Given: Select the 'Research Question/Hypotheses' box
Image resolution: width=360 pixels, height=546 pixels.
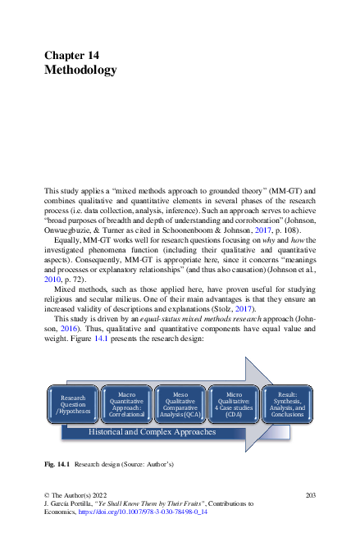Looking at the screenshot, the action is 73,404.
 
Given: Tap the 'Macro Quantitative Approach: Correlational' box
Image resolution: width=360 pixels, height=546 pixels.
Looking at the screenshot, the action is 126,404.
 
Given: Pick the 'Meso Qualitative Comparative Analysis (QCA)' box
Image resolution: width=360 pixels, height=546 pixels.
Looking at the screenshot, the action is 180,404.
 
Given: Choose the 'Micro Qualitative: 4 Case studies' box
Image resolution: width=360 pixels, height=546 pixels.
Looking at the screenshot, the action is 234,404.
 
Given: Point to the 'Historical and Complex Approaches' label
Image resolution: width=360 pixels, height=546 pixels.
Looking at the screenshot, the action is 152,431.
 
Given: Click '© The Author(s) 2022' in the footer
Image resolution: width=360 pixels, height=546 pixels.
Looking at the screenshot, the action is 75,494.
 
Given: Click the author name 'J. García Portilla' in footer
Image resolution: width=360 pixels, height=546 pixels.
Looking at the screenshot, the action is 70,503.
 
